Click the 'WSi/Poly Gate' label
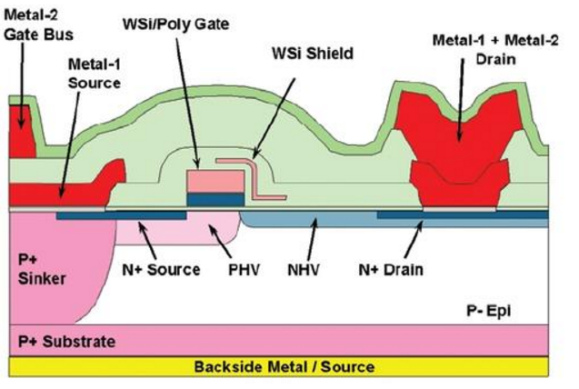(175, 25)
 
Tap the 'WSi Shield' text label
(313, 53)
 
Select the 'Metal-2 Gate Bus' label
(39, 25)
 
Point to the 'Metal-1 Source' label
(95, 74)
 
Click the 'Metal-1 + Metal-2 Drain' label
(495, 49)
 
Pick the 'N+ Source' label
(161, 270)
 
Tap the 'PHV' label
(244, 270)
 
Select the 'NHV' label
(304, 270)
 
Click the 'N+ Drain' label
(391, 270)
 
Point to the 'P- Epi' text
(488, 311)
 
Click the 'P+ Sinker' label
(42, 269)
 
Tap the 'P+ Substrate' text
(66, 342)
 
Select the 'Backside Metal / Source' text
(285, 367)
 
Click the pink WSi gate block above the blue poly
(215, 181)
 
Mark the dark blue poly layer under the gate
(215, 200)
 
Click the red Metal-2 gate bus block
(21, 131)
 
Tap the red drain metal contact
(460, 147)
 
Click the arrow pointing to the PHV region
(221, 241)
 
